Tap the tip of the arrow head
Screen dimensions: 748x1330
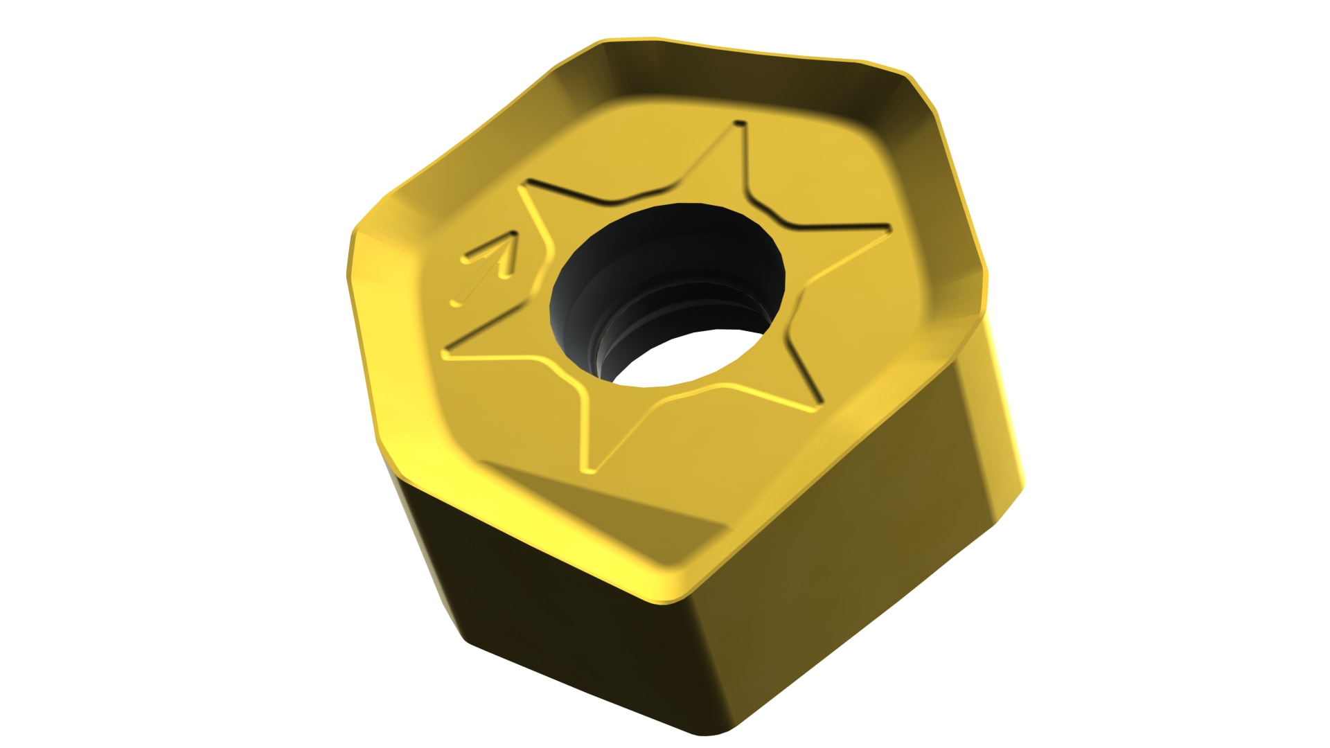pos(515,233)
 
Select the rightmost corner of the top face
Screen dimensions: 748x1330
pos(985,291)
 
